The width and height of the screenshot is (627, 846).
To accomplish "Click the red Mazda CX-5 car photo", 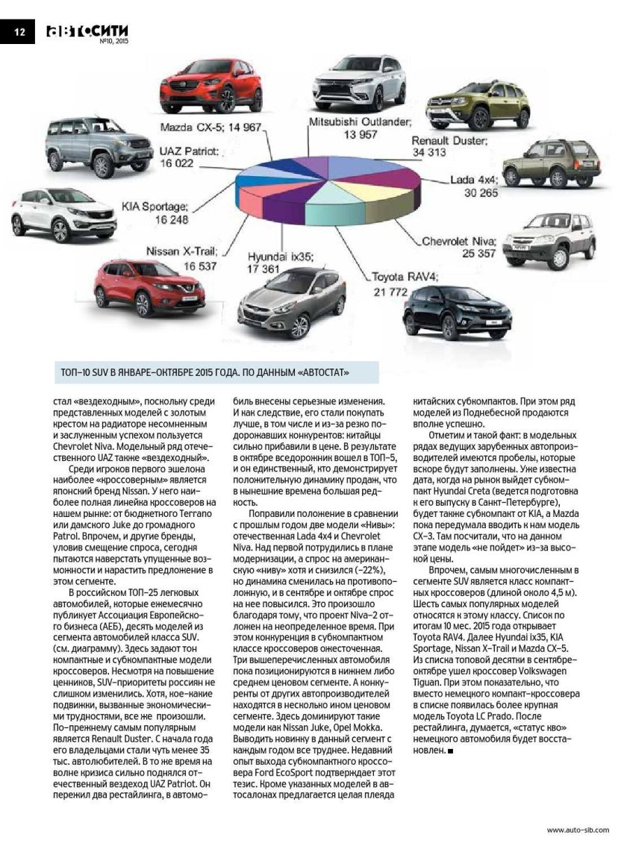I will click(x=212, y=86).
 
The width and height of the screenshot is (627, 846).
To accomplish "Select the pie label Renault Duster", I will click(x=449, y=140).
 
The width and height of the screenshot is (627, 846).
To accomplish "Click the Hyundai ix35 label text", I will click(x=281, y=255).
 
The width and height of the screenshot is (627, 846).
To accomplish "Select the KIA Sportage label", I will click(x=155, y=207).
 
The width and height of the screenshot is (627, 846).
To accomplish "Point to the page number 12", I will click(x=19, y=31).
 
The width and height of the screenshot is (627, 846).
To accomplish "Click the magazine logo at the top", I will click(x=87, y=31).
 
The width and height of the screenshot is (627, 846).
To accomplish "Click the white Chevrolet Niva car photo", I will click(x=549, y=240).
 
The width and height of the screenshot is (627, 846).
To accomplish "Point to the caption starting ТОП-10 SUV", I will click(x=205, y=371).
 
